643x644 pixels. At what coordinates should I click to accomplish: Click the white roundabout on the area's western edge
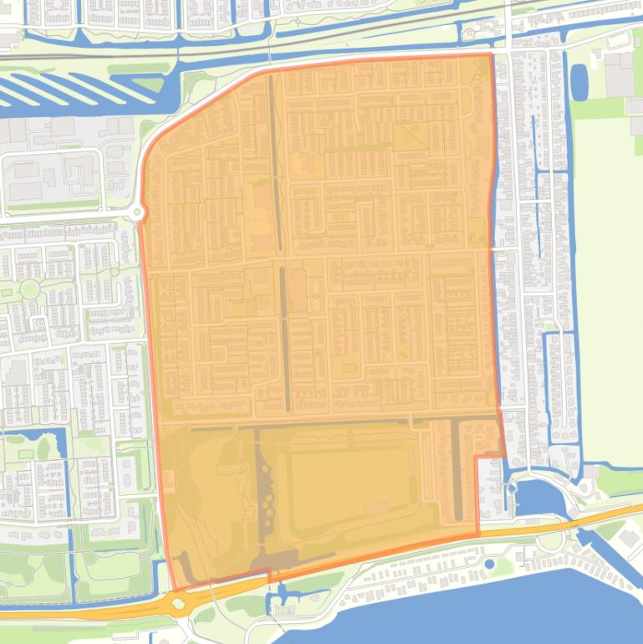tap(137, 213)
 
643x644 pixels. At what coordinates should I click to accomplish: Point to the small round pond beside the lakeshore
tap(488, 564)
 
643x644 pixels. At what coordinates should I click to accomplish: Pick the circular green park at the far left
tap(30, 289)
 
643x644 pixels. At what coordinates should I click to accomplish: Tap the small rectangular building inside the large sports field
tap(376, 508)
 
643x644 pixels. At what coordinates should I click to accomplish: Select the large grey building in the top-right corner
tap(620, 72)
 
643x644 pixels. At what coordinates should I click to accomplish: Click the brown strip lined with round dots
tap(268, 502)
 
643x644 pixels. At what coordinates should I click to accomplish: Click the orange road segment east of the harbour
tap(602, 514)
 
